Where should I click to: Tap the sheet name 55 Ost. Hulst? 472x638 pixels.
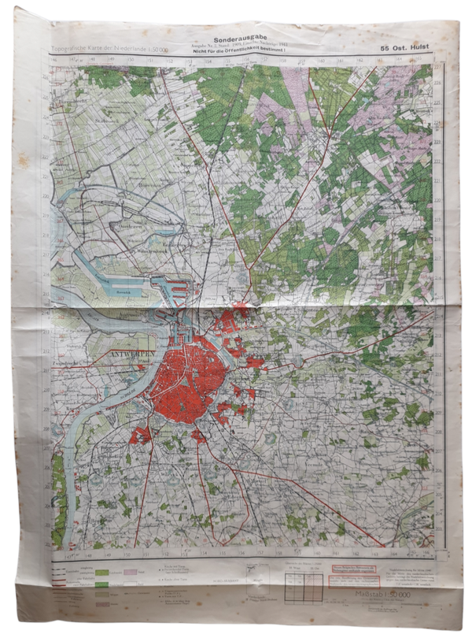pos(406,48)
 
